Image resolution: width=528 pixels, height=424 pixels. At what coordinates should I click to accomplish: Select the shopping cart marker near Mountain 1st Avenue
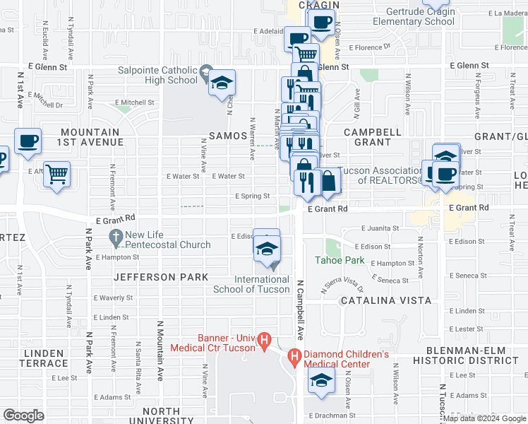coord(56,173)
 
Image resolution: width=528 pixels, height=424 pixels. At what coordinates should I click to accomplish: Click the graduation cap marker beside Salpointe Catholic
coord(222,83)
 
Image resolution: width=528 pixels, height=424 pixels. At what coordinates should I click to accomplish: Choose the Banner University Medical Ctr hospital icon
coord(265,341)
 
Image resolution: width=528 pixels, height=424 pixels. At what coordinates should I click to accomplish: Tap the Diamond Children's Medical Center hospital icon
coord(295,358)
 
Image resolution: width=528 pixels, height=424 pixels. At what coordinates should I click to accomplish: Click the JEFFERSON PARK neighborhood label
coord(162,277)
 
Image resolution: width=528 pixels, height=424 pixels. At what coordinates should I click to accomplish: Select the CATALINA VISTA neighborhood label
coord(385,300)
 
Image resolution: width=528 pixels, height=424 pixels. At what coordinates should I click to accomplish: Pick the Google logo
coord(24,416)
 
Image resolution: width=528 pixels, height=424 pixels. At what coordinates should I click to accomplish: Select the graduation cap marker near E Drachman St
coord(321,380)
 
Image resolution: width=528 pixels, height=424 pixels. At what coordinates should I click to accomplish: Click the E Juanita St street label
coord(380,229)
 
